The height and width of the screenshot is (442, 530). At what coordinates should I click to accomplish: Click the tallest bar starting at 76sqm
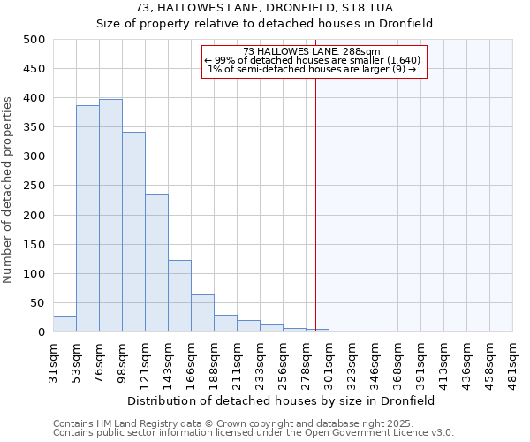click(110, 216)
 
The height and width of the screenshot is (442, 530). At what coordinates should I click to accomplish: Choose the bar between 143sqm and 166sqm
click(179, 296)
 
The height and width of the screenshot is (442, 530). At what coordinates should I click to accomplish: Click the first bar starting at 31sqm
click(64, 324)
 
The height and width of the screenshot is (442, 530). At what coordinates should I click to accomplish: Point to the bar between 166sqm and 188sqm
click(202, 314)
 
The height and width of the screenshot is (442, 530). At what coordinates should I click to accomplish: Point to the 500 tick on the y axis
click(34, 40)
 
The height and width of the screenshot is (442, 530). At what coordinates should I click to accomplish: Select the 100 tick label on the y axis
click(34, 274)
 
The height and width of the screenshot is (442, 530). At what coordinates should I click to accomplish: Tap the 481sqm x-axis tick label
click(512, 361)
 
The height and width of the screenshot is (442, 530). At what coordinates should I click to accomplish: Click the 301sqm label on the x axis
click(329, 361)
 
